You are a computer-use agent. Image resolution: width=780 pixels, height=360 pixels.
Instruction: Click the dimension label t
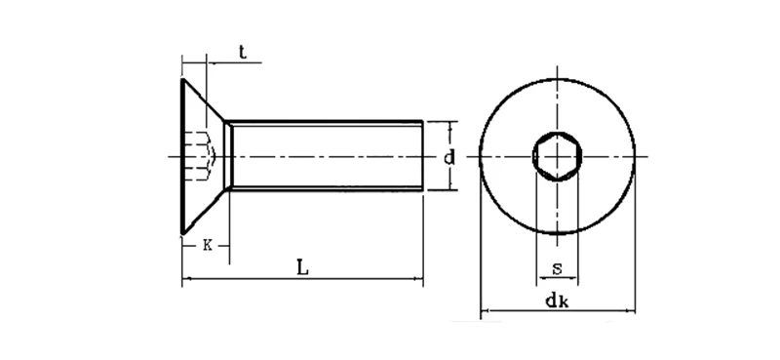pyautogui.click(x=241, y=51)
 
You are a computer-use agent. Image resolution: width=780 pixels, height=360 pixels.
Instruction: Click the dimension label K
pyautogui.click(x=207, y=245)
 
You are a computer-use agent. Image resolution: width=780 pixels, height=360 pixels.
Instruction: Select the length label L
pyautogui.click(x=303, y=266)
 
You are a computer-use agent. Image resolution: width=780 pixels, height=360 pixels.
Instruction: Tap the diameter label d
pyautogui.click(x=448, y=157)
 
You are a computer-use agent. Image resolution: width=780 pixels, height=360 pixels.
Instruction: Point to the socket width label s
pyautogui.click(x=556, y=267)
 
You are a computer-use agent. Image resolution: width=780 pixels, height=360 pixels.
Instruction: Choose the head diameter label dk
pyautogui.click(x=558, y=300)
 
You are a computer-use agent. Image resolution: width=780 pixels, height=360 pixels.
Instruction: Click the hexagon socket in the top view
pyautogui.click(x=557, y=156)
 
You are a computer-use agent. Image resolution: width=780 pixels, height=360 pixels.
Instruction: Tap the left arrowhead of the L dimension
pyautogui.click(x=186, y=281)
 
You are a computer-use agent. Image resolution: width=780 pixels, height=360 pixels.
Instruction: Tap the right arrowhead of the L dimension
pyautogui.click(x=419, y=281)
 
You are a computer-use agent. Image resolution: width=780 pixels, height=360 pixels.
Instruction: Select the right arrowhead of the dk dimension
pyautogui.click(x=631, y=312)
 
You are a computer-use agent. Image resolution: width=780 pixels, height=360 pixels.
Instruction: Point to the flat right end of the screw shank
pyautogui.click(x=423, y=156)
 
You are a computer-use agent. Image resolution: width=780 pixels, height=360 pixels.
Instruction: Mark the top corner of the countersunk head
pyautogui.click(x=182, y=79)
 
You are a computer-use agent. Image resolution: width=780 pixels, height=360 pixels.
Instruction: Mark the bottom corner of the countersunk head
pyautogui.click(x=182, y=233)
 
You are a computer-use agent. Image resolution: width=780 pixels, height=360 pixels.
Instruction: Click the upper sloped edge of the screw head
pyautogui.click(x=205, y=100)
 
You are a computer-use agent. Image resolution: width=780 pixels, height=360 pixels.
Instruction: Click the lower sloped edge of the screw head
pyautogui.click(x=205, y=211)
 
